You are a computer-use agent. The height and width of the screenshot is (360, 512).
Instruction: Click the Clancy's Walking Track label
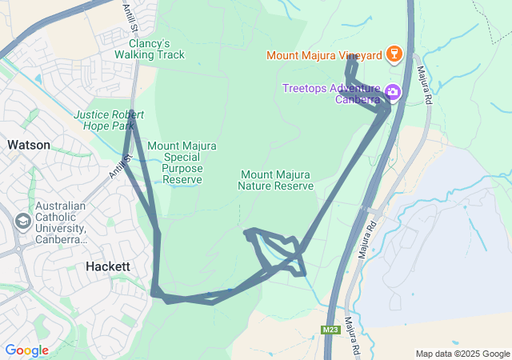(150, 49)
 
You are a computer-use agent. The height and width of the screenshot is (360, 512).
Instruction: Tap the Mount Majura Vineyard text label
(324, 55)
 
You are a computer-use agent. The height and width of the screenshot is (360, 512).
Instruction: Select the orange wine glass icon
(393, 54)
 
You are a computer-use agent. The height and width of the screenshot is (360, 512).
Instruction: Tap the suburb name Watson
(29, 145)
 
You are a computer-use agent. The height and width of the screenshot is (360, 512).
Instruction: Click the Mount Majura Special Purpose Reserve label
(182, 162)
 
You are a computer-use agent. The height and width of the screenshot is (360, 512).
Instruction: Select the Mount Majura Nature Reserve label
(275, 180)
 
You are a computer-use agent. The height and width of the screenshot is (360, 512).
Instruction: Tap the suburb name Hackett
(107, 266)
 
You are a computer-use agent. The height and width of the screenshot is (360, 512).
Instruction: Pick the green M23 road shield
(330, 330)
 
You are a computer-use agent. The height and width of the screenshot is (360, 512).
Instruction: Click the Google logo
(26, 350)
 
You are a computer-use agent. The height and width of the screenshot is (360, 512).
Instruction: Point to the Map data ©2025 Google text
(462, 354)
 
